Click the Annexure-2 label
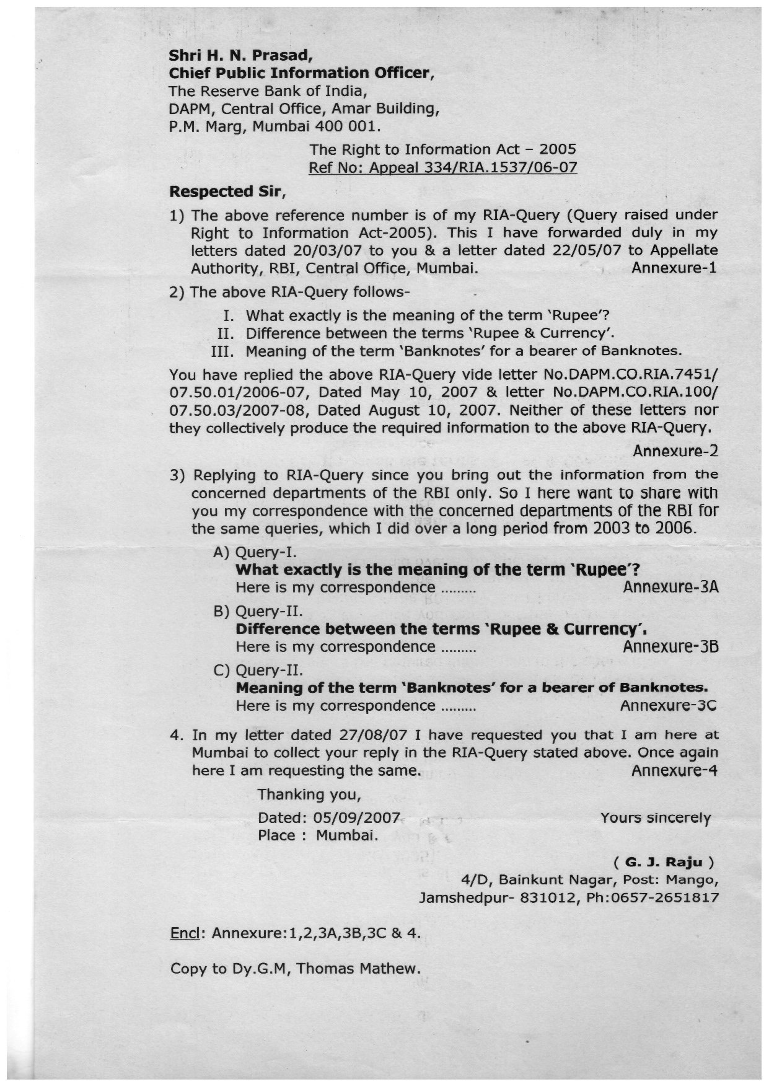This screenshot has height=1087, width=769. point(675,451)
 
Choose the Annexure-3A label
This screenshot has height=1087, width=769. point(670,587)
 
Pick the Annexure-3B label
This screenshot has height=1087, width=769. point(670,646)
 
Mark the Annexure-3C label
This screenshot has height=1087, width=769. point(669,705)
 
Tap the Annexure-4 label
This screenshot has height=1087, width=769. point(674,770)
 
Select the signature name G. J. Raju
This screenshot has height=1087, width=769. point(664,862)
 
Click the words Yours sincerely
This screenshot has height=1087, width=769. point(655,818)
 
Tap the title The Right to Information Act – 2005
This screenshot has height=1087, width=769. point(442,149)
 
